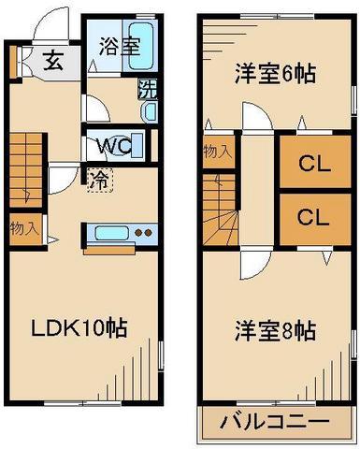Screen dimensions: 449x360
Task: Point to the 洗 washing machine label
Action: pyautogui.click(x=148, y=90)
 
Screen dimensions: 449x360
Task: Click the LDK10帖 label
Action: pyautogui.click(x=81, y=328)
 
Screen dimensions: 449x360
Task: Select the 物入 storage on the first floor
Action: pyautogui.click(x=23, y=227)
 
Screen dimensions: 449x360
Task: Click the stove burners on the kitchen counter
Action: pyautogui.click(x=142, y=233)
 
